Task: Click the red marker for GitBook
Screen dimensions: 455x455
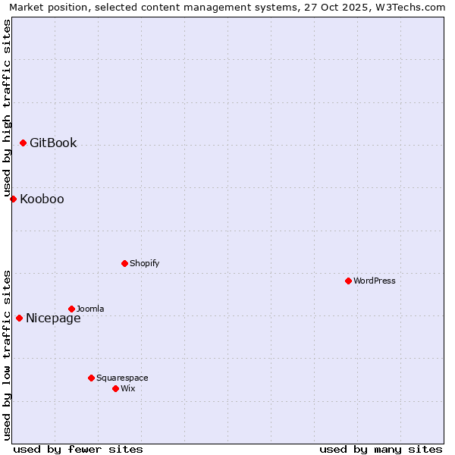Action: pyautogui.click(x=24, y=143)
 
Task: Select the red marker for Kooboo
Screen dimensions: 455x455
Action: pyautogui.click(x=13, y=199)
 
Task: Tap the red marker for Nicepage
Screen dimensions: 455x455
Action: pyautogui.click(x=19, y=318)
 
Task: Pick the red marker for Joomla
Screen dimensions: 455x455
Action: pyautogui.click(x=71, y=309)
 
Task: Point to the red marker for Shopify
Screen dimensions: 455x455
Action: pyautogui.click(x=124, y=263)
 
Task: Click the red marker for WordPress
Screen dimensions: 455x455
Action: pyautogui.click(x=348, y=281)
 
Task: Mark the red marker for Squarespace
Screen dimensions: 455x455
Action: pyautogui.click(x=91, y=378)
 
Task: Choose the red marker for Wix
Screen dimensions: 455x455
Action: pyautogui.click(x=115, y=388)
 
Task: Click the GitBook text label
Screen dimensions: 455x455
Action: pyautogui.click(x=53, y=143)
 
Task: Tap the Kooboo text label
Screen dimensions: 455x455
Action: pyautogui.click(x=42, y=199)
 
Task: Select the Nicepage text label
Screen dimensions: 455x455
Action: pyautogui.click(x=53, y=318)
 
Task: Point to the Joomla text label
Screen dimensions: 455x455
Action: pyautogui.click(x=90, y=309)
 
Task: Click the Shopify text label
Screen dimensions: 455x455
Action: pyautogui.click(x=144, y=263)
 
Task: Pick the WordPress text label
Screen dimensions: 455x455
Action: pyautogui.click(x=375, y=281)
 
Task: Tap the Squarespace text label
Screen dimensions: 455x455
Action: pyautogui.click(x=122, y=378)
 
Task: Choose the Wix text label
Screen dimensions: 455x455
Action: pyautogui.click(x=128, y=388)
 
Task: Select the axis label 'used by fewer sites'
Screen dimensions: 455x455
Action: pyautogui.click(x=78, y=449)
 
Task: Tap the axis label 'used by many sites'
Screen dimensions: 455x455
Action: pyautogui.click(x=381, y=449)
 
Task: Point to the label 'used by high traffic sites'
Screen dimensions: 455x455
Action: pyautogui.click(x=7, y=108)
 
